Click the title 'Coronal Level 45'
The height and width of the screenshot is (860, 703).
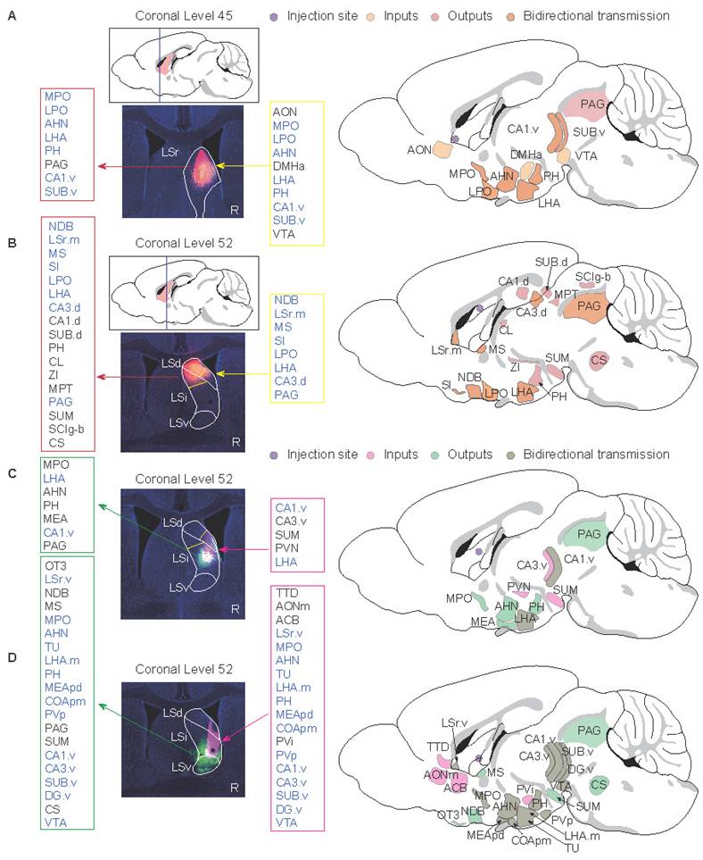pos(184,16)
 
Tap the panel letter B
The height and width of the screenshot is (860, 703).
pos(12,243)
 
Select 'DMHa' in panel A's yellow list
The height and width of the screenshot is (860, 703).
pos(289,166)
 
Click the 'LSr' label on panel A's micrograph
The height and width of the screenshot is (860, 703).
pos(170,153)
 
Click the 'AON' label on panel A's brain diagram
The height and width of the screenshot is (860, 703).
pos(419,150)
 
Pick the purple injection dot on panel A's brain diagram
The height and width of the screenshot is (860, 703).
pos(454,138)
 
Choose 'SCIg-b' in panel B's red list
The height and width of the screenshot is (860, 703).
pos(66,429)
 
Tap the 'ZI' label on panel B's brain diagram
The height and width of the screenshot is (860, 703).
pos(515,367)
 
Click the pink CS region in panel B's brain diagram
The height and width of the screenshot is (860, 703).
pos(599,361)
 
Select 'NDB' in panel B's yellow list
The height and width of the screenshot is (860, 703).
pos(286,300)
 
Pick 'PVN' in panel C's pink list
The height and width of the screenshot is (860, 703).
pos(287,548)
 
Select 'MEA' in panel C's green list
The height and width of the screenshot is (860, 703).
pos(55,519)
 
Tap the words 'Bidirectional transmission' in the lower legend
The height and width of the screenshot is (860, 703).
pos(596,455)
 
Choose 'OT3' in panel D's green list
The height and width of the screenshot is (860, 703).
pos(55,565)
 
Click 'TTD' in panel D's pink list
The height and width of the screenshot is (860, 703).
pos(287,593)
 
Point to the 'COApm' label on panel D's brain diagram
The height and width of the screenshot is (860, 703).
pos(531,840)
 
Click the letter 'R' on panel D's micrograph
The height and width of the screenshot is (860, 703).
pos(235,788)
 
